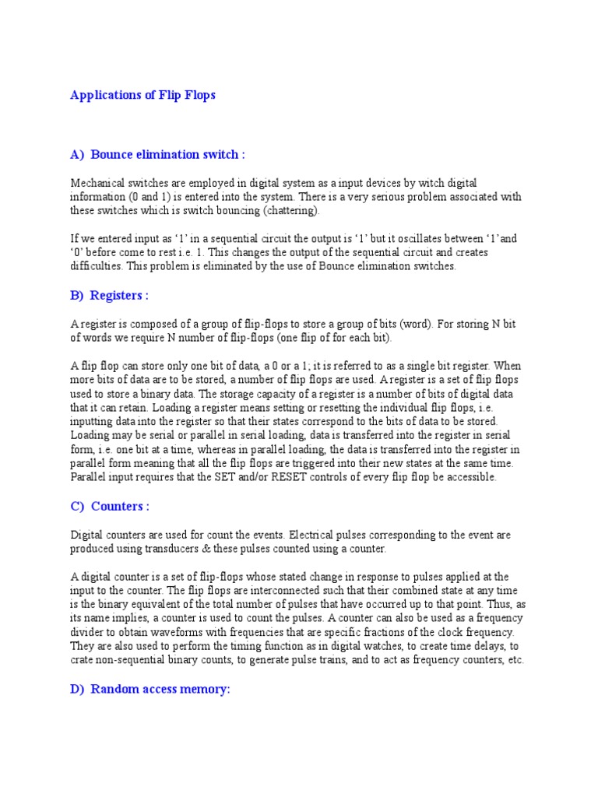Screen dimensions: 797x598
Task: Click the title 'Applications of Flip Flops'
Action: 142,96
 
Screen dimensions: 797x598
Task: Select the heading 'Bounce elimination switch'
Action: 167,154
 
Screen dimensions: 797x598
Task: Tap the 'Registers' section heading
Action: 119,295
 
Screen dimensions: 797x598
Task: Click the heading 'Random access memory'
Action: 160,689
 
